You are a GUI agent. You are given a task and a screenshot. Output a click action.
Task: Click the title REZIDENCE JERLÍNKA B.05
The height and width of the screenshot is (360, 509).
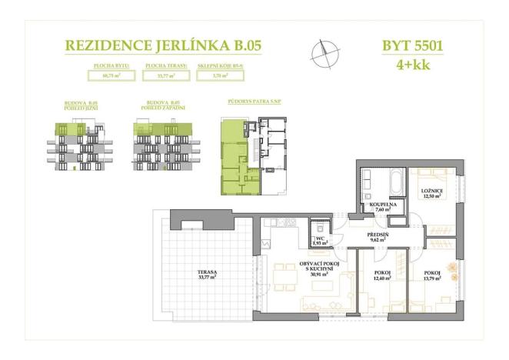click(x=164, y=45)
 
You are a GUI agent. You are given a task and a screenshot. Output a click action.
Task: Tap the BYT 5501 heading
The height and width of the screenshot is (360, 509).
click(x=412, y=45)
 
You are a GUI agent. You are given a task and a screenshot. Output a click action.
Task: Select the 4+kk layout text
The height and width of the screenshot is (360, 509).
click(x=412, y=65)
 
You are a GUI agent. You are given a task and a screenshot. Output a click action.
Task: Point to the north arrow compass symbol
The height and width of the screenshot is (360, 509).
click(x=324, y=52)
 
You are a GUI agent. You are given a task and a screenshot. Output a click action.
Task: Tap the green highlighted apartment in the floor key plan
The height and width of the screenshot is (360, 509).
click(x=233, y=161)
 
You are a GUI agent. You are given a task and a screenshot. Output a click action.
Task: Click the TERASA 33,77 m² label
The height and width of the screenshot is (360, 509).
click(x=206, y=275)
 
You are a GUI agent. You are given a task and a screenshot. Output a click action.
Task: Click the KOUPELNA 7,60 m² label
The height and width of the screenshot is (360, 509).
click(x=381, y=206)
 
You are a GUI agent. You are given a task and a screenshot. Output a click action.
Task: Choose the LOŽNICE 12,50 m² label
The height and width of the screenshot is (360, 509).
click(x=431, y=192)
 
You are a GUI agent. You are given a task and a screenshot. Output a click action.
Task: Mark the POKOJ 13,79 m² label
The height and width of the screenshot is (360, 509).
click(x=432, y=277)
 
